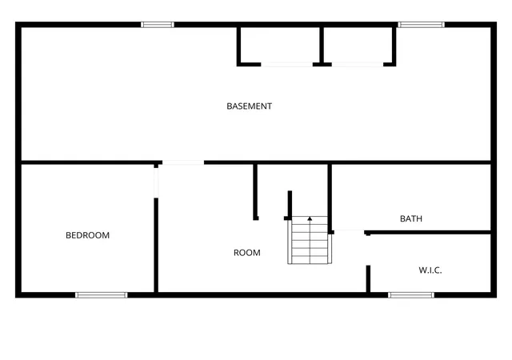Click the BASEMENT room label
click(x=249, y=106)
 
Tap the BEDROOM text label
click(x=87, y=235)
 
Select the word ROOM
click(x=247, y=253)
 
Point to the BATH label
click(x=411, y=218)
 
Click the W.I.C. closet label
click(x=430, y=270)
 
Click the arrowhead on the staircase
click(x=310, y=218)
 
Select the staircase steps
click(x=310, y=240)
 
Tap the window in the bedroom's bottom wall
click(x=102, y=295)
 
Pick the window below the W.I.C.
click(x=411, y=295)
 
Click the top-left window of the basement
click(x=158, y=25)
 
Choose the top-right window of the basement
click(x=421, y=25)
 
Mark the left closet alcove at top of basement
click(x=280, y=45)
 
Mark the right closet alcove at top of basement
click(x=358, y=45)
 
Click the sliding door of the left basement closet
click(x=286, y=65)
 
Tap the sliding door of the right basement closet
click(x=358, y=65)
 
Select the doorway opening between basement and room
click(x=183, y=162)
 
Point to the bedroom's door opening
click(x=156, y=182)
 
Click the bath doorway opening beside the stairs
click(x=349, y=232)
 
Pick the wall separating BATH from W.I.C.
click(x=428, y=233)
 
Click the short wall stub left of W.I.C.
click(x=368, y=278)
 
